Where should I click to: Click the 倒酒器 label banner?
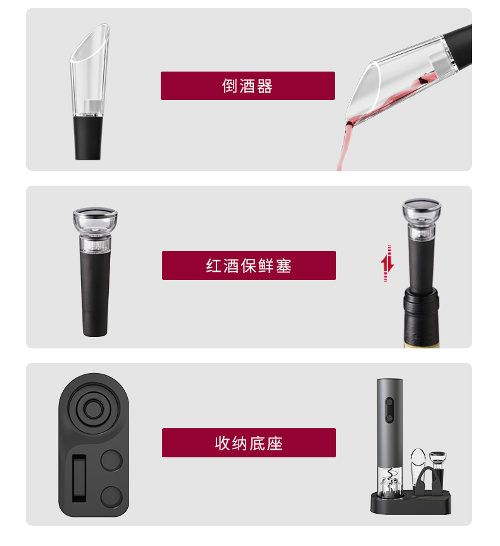247,86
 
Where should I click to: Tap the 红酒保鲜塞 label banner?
249,265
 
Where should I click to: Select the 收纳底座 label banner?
249,443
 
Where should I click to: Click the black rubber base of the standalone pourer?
88,138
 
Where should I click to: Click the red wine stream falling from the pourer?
343,146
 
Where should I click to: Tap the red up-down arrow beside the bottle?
387,263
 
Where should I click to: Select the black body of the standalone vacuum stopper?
95,293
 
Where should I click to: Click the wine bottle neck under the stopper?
421,317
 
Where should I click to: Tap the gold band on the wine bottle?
422,345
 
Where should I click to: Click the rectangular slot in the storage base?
79,478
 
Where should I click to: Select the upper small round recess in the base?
111,460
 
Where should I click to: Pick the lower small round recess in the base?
111,497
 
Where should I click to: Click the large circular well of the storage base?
93,409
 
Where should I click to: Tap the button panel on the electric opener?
389,410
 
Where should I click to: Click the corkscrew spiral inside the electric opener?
391,475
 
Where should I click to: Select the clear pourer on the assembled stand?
417,467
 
